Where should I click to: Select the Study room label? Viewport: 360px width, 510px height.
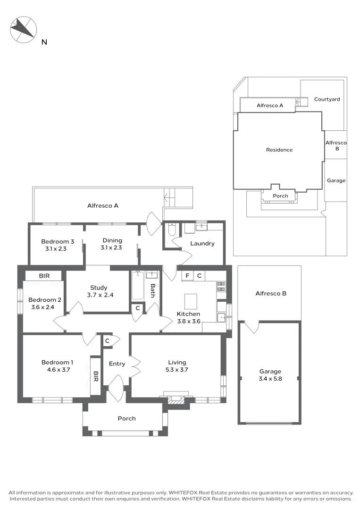99,288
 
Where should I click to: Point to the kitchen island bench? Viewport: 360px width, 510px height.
191,300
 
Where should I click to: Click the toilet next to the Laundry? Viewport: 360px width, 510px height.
171,230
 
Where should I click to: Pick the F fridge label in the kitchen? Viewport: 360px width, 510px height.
187,275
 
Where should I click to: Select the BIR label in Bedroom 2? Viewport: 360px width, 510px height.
43,276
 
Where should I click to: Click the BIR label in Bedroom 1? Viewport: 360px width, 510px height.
96,376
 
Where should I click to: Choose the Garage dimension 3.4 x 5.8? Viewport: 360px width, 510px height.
270,378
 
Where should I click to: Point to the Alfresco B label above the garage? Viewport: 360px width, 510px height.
271,293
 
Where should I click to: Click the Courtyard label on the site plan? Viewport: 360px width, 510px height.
327,100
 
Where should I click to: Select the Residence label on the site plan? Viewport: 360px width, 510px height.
279,150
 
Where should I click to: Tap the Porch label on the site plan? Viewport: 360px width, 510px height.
281,196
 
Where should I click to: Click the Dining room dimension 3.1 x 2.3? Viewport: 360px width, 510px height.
111,247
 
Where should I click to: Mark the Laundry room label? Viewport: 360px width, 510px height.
202,244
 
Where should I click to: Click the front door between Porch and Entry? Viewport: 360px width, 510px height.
116,389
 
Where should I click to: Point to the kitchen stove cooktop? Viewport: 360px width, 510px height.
221,286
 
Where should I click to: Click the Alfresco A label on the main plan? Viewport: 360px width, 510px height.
102,205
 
